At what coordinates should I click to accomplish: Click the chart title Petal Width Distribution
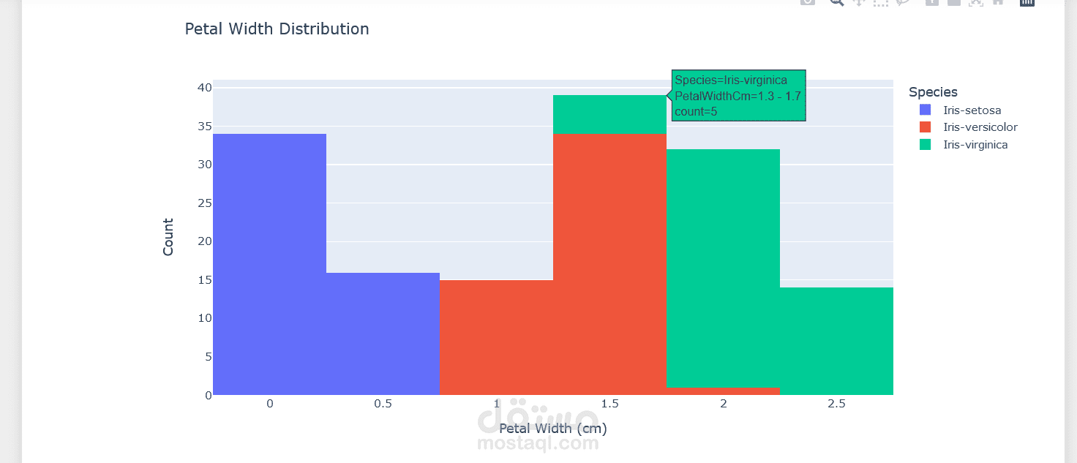(x=277, y=29)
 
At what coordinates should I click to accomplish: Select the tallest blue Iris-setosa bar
(x=269, y=263)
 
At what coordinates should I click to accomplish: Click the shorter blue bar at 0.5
(x=383, y=333)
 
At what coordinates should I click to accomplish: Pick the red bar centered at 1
(x=496, y=336)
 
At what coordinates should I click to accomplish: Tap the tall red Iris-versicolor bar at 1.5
(x=609, y=263)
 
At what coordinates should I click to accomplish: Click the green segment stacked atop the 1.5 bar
(x=609, y=115)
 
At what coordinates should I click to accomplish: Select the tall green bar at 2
(x=723, y=267)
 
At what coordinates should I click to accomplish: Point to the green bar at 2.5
(x=836, y=340)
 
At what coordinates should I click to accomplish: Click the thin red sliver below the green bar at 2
(x=723, y=391)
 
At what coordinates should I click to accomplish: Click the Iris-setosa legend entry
(x=972, y=110)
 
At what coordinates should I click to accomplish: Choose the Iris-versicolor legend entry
(x=980, y=127)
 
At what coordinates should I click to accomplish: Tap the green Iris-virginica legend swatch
(x=926, y=145)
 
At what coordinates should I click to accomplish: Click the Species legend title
(x=933, y=92)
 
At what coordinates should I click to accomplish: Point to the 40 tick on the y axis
(x=203, y=88)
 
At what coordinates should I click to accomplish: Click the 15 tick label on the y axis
(x=203, y=280)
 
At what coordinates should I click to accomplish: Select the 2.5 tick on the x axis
(x=836, y=404)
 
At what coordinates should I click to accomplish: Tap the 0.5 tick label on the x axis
(x=383, y=404)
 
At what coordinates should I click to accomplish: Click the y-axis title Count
(x=168, y=237)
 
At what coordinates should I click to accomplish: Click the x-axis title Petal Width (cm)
(x=552, y=429)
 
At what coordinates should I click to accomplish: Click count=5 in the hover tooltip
(x=696, y=112)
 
